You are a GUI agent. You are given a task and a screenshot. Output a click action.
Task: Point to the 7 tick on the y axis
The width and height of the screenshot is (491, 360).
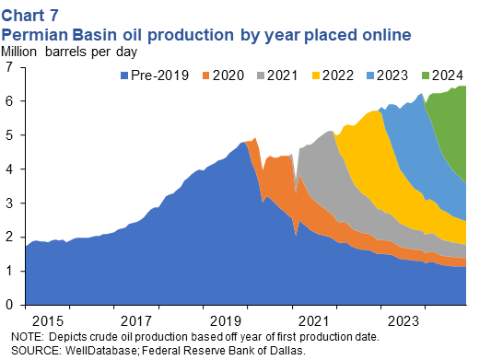click(x=10, y=67)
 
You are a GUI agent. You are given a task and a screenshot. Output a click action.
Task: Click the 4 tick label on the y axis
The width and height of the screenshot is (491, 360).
click(x=10, y=169)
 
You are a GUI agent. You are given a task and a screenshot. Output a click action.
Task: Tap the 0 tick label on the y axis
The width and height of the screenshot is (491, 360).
click(x=10, y=305)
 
